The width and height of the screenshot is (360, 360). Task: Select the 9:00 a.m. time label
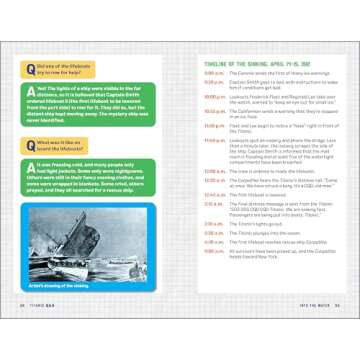212,73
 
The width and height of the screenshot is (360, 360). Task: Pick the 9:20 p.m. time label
212,85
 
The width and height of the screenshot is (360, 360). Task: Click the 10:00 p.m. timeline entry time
211,97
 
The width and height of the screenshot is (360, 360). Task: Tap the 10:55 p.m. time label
211,109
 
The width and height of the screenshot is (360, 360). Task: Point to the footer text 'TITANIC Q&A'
48,332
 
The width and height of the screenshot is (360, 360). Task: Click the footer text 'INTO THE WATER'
312,332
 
